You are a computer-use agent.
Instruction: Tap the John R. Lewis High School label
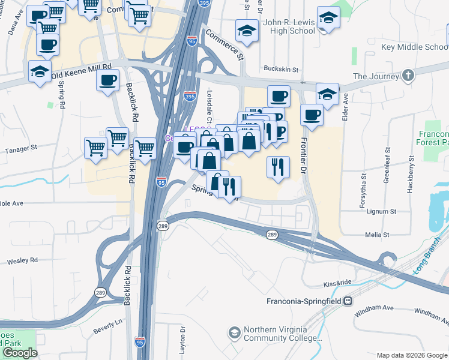click(x=289, y=26)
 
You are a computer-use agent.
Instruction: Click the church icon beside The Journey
click(x=408, y=76)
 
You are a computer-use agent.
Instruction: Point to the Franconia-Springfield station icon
click(x=348, y=301)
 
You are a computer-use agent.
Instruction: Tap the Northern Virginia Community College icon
click(x=234, y=332)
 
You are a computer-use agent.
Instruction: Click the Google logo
click(x=20, y=352)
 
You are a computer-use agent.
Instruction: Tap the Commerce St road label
click(x=224, y=44)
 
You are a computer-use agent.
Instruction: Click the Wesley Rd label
click(x=22, y=261)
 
